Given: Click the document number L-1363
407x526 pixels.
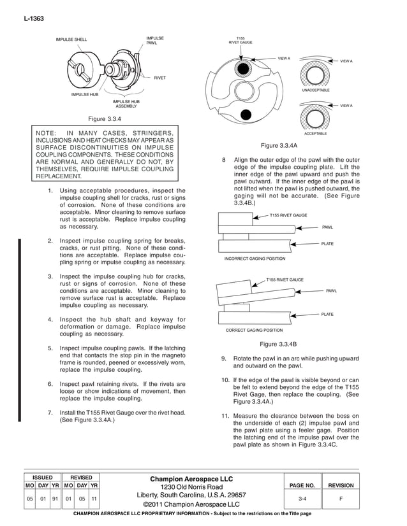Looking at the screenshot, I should (x=33, y=20).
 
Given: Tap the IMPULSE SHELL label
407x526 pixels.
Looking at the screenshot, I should (x=71, y=39).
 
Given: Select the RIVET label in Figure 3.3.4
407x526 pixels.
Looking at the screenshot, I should (x=159, y=78).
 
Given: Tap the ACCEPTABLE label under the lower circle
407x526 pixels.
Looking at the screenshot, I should (x=316, y=134).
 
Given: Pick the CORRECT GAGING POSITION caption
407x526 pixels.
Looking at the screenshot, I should (x=254, y=331).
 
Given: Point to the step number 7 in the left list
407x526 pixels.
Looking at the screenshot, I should (x=50, y=413).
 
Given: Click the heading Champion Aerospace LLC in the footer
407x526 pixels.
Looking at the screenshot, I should (x=191, y=479).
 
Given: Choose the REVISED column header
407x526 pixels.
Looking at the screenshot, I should (x=80, y=477).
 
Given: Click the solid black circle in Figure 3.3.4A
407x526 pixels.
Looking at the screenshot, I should (x=245, y=115).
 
